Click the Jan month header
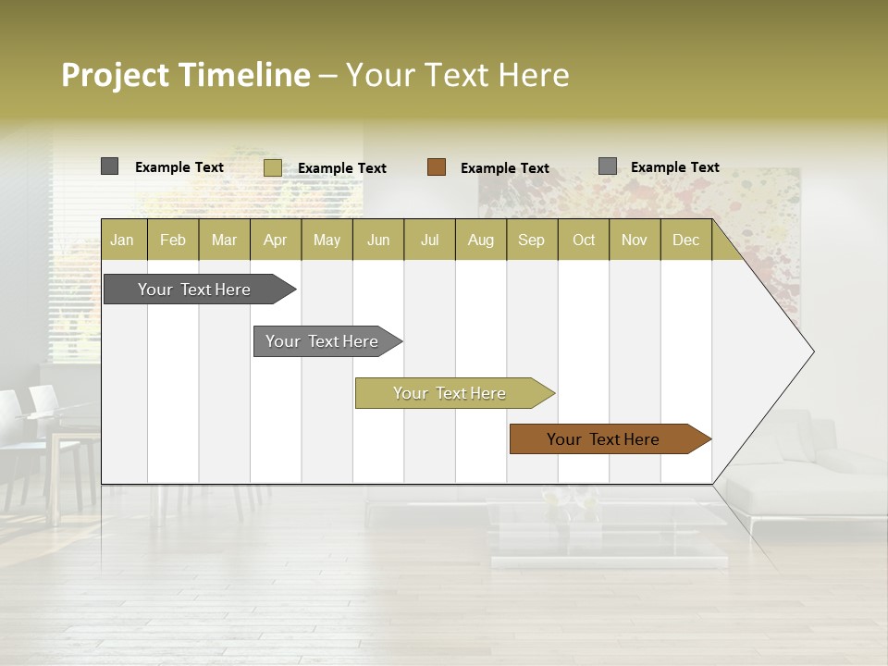pyautogui.click(x=122, y=240)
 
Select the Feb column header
pyautogui.click(x=173, y=240)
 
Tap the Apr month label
pyautogui.click(x=275, y=240)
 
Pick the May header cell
pyautogui.click(x=327, y=240)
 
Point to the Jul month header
pyautogui.click(x=429, y=240)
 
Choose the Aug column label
pyautogui.click(x=480, y=240)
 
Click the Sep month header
pyautogui.click(x=531, y=240)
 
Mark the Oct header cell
pyautogui.click(x=584, y=240)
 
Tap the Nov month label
pyautogui.click(x=634, y=240)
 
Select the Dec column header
pyautogui.click(x=685, y=240)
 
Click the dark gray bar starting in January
pyautogui.click(x=194, y=290)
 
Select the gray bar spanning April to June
pyautogui.click(x=322, y=341)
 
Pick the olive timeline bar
pyautogui.click(x=450, y=393)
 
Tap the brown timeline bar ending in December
pyautogui.click(x=603, y=439)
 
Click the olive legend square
pyautogui.click(x=272, y=167)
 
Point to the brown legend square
pyautogui.click(x=437, y=167)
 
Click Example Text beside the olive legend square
pyautogui.click(x=342, y=168)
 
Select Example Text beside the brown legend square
pyautogui.click(x=505, y=168)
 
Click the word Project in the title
pyautogui.click(x=116, y=75)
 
